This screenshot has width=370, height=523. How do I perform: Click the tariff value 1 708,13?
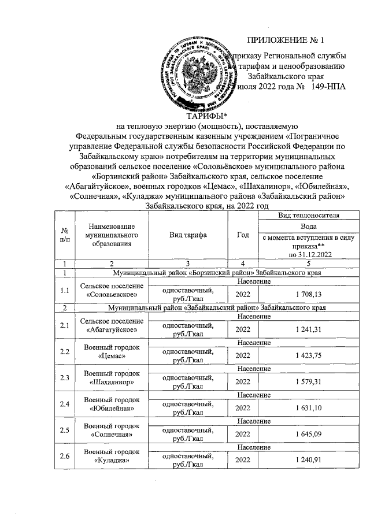point(308,294)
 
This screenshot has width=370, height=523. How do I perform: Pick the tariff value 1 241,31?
point(308,329)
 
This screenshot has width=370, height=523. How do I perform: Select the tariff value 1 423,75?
point(308,355)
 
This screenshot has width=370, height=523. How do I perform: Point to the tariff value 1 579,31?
point(308,381)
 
